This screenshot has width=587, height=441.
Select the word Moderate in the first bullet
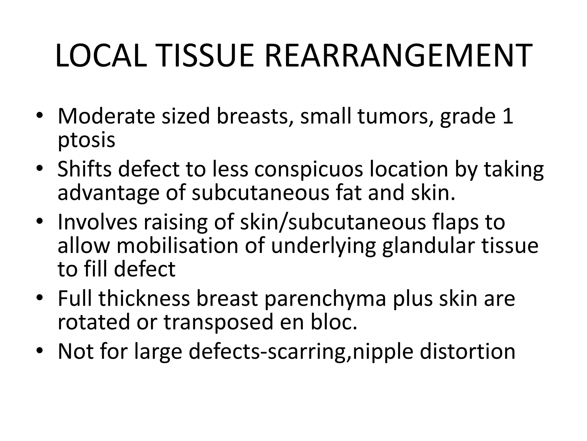pos(106,116)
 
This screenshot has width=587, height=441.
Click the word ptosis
pos(86,140)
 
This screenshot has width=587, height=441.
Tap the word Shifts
pos(84,169)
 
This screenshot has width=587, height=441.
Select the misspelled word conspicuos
pos(309,170)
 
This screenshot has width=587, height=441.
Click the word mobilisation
pos(177,246)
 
